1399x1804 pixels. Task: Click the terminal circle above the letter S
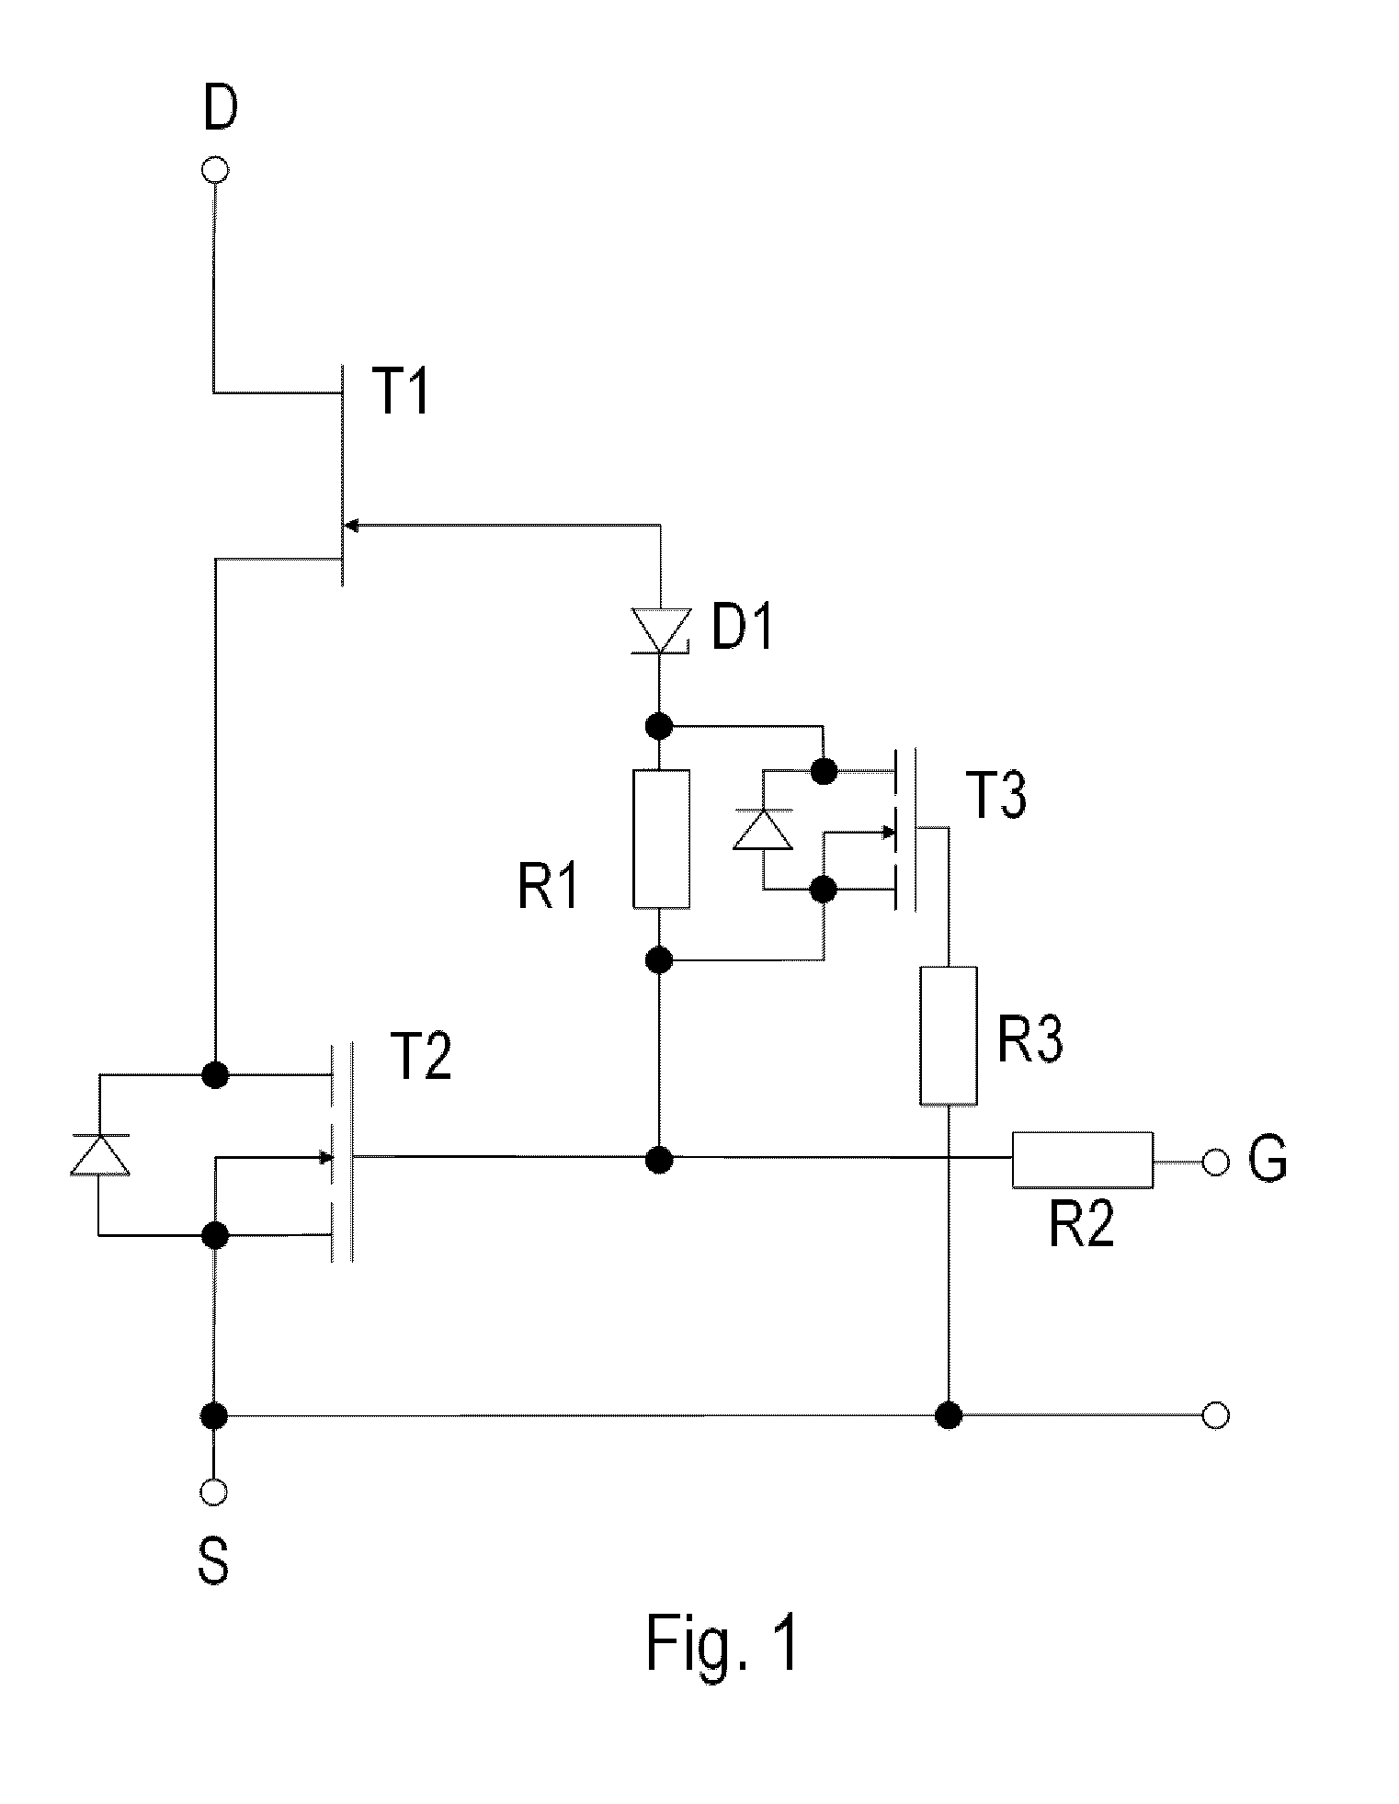coord(214,1492)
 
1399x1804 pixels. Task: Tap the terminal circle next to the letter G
coord(1214,1162)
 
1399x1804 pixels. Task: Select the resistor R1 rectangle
coord(661,839)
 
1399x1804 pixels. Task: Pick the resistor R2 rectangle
coord(1082,1161)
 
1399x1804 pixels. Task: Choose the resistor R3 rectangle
coord(949,1035)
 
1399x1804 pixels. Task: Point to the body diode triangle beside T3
coord(762,829)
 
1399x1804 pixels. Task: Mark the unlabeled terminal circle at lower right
coord(1215,1416)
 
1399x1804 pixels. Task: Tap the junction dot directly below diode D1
coord(658,726)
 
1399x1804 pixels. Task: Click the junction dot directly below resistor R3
coord(948,1415)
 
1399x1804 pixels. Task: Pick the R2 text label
coord(1082,1224)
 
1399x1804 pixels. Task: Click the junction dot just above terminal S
coord(214,1415)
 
